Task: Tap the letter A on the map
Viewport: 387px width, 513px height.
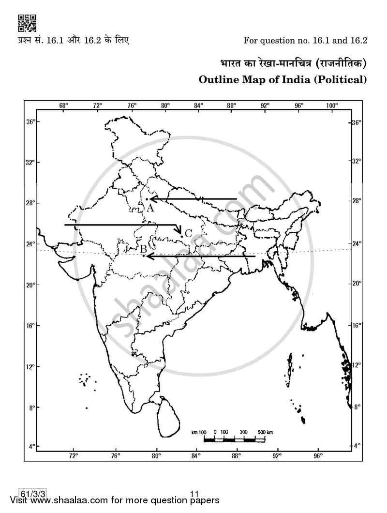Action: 150,208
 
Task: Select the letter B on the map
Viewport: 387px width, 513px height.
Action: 143,249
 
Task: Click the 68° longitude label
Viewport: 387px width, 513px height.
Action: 63,105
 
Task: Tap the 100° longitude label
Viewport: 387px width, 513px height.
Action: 331,105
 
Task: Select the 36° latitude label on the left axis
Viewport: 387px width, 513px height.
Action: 30,122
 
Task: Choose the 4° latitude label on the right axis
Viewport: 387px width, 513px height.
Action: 357,445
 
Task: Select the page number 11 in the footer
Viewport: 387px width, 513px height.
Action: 194,494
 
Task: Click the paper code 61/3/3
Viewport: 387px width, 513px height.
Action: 33,494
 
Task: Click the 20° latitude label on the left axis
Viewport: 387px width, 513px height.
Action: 30,285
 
